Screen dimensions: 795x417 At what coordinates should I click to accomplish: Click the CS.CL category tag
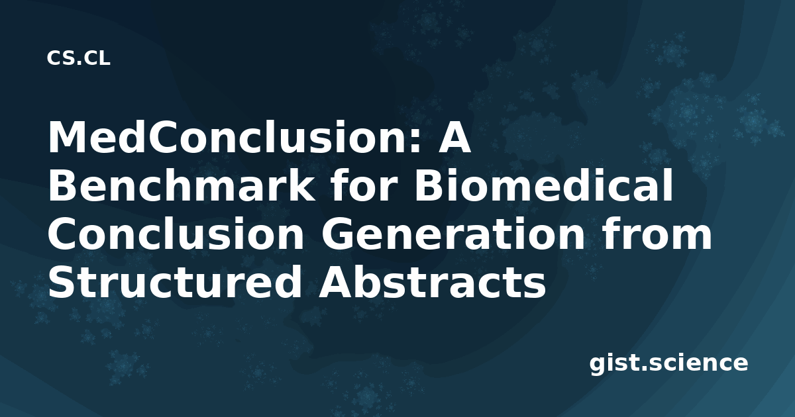coord(78,58)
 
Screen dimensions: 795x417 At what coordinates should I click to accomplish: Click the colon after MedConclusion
coord(415,141)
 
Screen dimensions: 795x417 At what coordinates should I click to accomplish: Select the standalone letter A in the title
coord(454,137)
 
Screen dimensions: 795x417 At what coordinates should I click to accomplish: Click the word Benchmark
coord(181,185)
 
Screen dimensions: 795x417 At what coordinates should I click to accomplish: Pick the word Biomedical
coord(543,185)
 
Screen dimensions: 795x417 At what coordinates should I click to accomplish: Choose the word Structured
coord(176,281)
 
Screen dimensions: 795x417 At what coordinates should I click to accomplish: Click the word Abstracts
coord(432,281)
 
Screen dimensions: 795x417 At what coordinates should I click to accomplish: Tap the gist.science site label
coord(668,363)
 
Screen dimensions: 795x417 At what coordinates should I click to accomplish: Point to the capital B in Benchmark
coord(62,185)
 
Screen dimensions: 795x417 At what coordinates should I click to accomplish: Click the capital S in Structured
coord(62,281)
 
